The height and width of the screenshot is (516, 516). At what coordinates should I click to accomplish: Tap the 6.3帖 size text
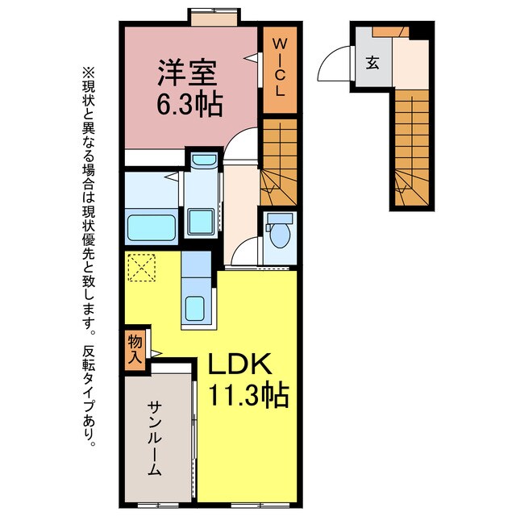click(x=190, y=105)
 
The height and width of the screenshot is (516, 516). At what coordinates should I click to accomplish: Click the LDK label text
click(x=241, y=366)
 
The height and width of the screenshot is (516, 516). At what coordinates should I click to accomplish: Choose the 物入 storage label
click(x=135, y=347)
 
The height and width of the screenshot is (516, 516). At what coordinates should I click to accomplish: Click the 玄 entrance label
click(x=372, y=63)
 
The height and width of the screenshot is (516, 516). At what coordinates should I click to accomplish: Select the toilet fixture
click(x=277, y=231)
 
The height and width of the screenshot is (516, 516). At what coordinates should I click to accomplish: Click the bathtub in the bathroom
click(x=153, y=227)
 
